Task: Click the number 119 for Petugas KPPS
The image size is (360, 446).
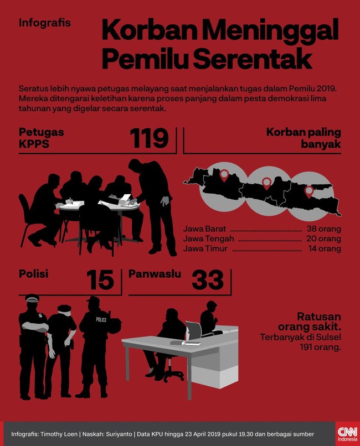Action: click(x=150, y=138)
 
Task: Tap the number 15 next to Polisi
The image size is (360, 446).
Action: click(x=100, y=280)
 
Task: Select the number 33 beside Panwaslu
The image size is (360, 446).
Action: click(x=208, y=280)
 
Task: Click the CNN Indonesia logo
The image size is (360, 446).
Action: click(x=347, y=433)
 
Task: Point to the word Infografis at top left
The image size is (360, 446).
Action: click(x=45, y=23)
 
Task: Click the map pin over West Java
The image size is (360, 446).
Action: click(x=224, y=175)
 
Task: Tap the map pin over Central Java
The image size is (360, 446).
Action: click(x=266, y=184)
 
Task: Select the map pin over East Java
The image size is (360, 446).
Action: click(x=309, y=192)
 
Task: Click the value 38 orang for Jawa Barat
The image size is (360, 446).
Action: click(x=323, y=229)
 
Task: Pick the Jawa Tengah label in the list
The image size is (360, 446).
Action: click(x=209, y=238)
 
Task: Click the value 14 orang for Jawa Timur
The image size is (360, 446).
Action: click(x=325, y=248)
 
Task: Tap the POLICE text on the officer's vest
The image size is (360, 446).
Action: click(x=101, y=319)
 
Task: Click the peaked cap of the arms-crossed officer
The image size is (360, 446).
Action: click(x=32, y=298)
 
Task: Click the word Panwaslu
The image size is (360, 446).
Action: click(x=155, y=274)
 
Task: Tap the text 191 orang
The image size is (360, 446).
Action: click(x=321, y=348)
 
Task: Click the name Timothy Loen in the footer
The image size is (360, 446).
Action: click(x=59, y=434)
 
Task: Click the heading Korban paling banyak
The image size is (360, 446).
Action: click(x=304, y=138)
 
